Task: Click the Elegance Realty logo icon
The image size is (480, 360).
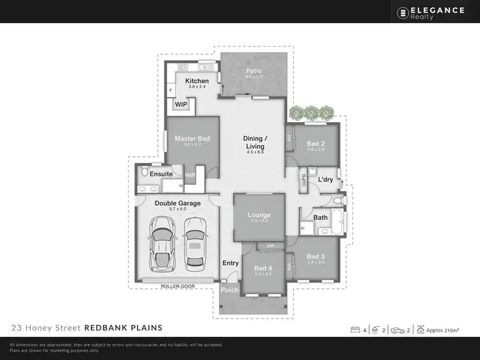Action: point(403,12)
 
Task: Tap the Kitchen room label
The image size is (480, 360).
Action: point(196,81)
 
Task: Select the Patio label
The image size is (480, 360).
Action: point(254,71)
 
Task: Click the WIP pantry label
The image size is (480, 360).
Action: point(181,104)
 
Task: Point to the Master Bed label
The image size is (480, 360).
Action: point(193,138)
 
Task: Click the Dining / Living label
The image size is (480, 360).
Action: point(255,142)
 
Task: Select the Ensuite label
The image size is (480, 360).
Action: point(161,173)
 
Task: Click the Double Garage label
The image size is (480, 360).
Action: point(177,203)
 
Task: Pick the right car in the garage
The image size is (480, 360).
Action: point(195,243)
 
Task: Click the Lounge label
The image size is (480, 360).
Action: point(259,215)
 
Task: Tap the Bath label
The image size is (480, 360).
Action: point(321,217)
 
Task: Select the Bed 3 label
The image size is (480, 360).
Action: point(316,256)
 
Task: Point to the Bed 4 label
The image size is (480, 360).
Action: point(263,268)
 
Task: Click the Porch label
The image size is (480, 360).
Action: point(230,290)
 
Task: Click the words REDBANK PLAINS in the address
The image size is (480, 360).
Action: point(123,327)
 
